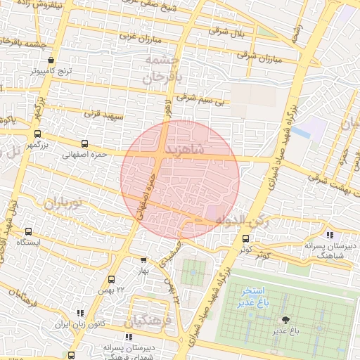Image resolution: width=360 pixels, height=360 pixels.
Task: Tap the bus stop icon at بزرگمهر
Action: (37, 134)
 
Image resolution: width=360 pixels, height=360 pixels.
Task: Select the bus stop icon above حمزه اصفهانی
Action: (85, 142)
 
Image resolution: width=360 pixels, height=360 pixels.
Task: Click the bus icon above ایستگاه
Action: (29, 231)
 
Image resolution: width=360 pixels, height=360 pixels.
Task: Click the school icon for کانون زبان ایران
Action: (79, 313)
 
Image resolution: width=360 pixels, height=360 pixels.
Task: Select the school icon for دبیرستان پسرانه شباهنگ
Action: (330, 235)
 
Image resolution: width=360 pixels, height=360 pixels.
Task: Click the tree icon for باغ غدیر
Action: (284, 320)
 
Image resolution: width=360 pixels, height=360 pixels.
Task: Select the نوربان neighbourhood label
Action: (64, 204)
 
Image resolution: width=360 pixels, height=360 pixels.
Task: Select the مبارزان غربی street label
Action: (135, 35)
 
